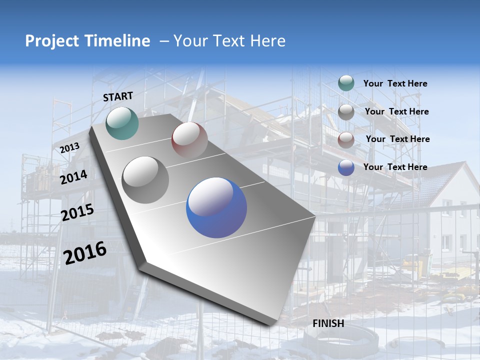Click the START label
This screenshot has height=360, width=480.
[118, 96]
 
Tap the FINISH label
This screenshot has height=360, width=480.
[328, 323]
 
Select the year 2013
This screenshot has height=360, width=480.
[70, 147]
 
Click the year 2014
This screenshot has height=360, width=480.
[74, 177]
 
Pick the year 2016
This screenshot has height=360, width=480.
[85, 253]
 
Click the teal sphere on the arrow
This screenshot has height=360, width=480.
[122, 123]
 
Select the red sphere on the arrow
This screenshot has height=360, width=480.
[189, 139]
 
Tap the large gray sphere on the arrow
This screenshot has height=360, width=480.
[145, 179]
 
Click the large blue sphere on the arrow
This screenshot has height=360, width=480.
[216, 207]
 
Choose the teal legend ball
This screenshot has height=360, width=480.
[346, 83]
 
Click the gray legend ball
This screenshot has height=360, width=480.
[346, 112]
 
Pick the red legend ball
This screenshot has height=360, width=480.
[346, 140]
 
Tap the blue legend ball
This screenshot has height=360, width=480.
[346, 167]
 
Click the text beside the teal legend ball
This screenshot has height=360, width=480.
[395, 83]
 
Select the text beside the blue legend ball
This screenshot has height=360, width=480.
[395, 167]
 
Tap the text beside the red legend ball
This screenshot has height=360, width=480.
[397, 139]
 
